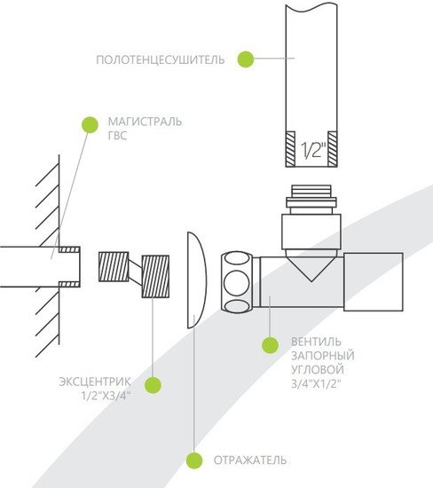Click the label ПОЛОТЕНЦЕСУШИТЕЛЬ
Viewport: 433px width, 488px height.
coord(160,59)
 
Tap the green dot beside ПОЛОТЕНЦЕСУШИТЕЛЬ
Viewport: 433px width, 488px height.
coord(246,59)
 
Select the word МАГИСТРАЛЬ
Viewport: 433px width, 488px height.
coord(145,122)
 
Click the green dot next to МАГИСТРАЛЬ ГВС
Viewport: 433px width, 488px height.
coord(90,125)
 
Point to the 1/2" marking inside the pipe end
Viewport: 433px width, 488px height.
coord(313,150)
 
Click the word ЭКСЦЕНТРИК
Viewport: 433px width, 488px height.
coord(95,382)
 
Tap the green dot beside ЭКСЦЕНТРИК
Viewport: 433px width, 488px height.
coord(154,385)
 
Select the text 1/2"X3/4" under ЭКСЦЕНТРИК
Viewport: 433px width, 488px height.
coord(106,397)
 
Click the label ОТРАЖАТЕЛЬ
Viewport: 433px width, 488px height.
coord(250,460)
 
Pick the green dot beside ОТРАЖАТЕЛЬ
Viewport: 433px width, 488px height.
coord(194,460)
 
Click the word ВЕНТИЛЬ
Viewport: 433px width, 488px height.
coord(316,342)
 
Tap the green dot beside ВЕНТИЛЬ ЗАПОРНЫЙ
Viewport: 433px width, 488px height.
coord(270,345)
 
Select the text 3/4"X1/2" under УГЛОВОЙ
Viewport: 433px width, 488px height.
coord(316,384)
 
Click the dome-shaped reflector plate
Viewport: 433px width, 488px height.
coord(197,279)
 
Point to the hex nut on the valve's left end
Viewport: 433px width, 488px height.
coord(237,282)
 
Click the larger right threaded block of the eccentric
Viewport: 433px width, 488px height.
coord(155,276)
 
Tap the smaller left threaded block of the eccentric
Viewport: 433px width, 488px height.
coord(114,267)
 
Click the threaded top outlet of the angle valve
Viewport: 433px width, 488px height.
coord(311,200)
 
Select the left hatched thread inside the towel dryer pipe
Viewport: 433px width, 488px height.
coord(290,148)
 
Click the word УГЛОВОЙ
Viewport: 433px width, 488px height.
coord(318,370)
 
